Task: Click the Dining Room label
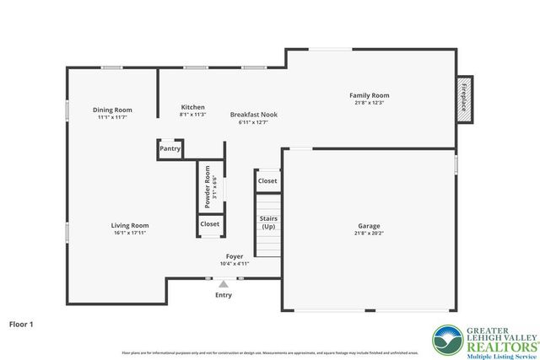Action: tap(112, 110)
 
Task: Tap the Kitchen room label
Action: tap(192, 107)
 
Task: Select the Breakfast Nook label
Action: tap(253, 115)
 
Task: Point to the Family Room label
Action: tap(370, 95)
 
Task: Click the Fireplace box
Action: tap(463, 99)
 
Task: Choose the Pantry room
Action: tap(170, 149)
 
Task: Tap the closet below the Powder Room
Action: tap(210, 224)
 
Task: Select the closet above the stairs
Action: tap(267, 181)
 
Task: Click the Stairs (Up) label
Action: tap(268, 223)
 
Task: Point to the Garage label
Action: tap(369, 226)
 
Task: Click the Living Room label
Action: tap(130, 225)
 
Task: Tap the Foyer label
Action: tap(235, 255)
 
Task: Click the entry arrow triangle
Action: tap(224, 285)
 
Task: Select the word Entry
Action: tap(224, 295)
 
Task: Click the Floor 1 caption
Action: tap(23, 324)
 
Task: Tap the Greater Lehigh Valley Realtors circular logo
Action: tap(447, 340)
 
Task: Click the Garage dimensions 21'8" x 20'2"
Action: tap(369, 234)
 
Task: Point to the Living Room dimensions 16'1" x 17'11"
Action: tap(130, 234)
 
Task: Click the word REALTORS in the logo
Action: tap(493, 346)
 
